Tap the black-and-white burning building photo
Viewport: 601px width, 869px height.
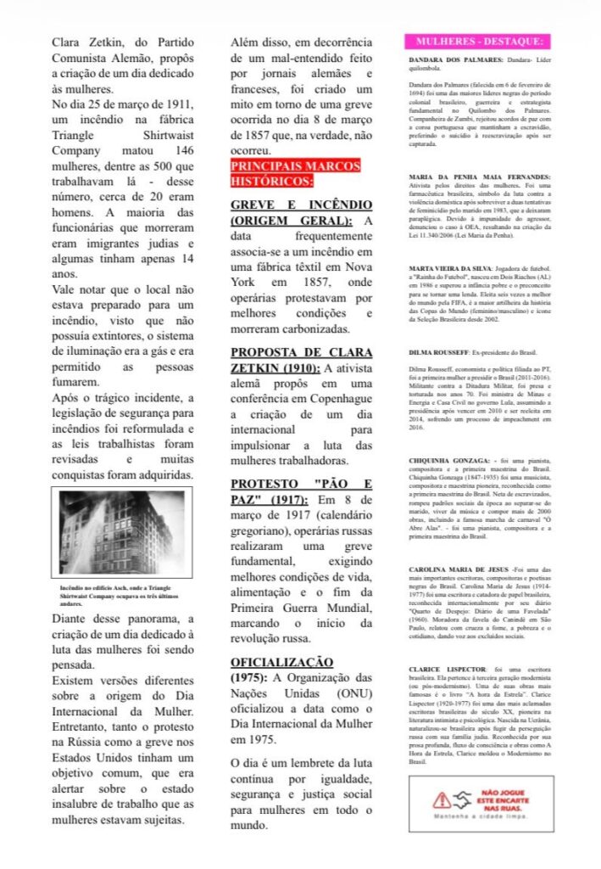click(x=121, y=533)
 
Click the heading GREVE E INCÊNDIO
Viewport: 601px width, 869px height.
click(x=301, y=213)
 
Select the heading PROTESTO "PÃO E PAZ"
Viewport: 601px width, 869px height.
click(x=301, y=491)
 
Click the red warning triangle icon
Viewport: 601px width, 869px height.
click(x=441, y=799)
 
